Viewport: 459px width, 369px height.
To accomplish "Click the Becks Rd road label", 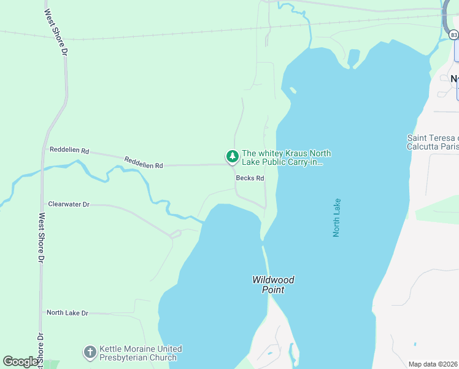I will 250,178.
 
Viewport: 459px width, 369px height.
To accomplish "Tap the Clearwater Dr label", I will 69,204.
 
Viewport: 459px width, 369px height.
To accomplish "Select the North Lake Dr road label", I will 67,313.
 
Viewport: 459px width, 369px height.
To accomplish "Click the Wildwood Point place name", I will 273,285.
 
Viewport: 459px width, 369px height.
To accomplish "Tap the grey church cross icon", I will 90,352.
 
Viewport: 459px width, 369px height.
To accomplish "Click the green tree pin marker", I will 232,157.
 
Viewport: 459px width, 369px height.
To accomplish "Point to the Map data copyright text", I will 433,364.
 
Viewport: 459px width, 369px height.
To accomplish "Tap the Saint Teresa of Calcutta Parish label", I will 433,142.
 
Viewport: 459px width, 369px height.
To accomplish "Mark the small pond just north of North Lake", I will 353,57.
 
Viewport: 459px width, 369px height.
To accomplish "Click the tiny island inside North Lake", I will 293,92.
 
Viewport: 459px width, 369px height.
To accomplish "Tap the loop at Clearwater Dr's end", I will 175,233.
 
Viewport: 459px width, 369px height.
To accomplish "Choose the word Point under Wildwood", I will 273,290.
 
